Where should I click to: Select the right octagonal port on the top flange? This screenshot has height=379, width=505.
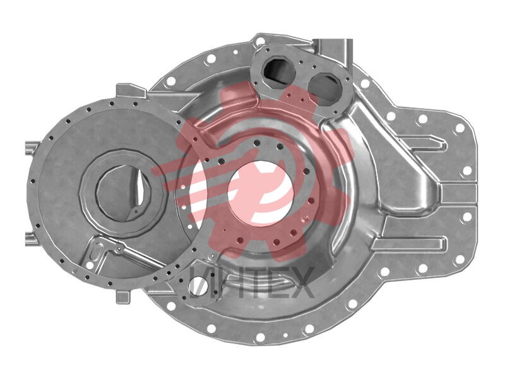(x=326, y=88)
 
